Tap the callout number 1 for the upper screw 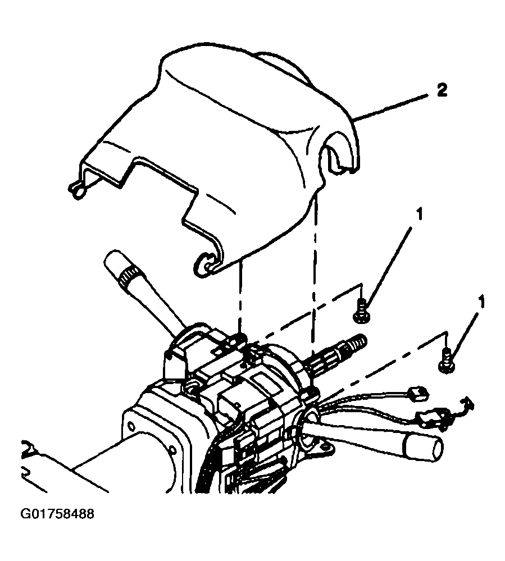[419, 215]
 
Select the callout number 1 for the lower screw [482, 302]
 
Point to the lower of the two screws [447, 361]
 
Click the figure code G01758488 [57, 514]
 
